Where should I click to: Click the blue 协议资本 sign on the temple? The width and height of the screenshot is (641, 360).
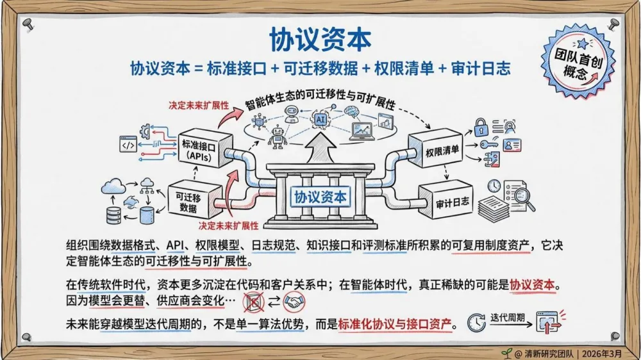[320, 197]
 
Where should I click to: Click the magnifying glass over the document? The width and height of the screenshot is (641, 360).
[524, 199]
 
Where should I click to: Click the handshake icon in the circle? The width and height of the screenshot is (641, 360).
[294, 301]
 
